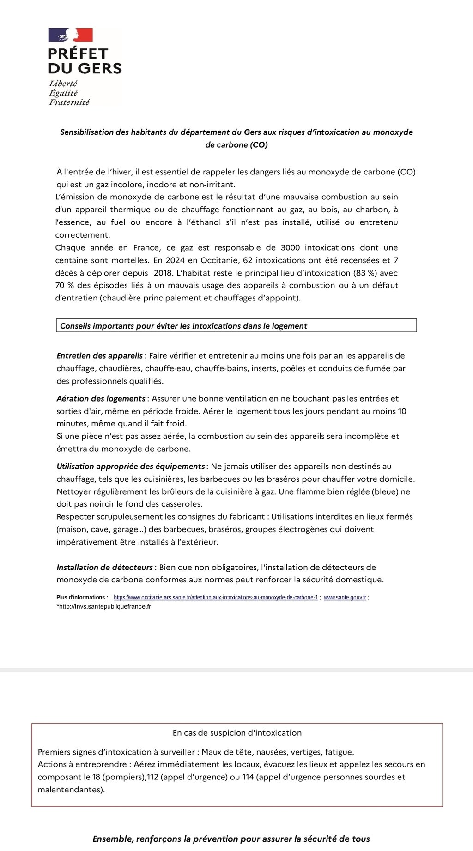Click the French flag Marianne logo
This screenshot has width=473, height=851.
(x=71, y=35)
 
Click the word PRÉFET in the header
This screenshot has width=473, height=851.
(x=78, y=54)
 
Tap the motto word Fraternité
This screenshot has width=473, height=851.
(x=69, y=102)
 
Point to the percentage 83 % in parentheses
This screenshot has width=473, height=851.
(x=365, y=273)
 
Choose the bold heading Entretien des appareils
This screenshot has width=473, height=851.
(x=99, y=356)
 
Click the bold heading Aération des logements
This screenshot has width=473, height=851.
(x=101, y=398)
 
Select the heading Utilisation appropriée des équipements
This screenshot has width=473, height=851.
(x=130, y=466)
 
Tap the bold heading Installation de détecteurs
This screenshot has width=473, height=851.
(x=104, y=567)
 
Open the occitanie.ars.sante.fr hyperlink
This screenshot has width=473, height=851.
(x=216, y=597)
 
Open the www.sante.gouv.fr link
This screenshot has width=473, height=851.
(x=345, y=597)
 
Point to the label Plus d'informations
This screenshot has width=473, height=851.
(x=82, y=597)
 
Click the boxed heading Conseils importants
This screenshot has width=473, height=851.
(x=183, y=326)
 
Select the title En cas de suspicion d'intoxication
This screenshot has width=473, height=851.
(x=237, y=732)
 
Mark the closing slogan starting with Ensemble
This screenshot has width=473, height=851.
(x=231, y=839)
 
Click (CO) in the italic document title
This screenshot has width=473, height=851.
(x=259, y=144)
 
